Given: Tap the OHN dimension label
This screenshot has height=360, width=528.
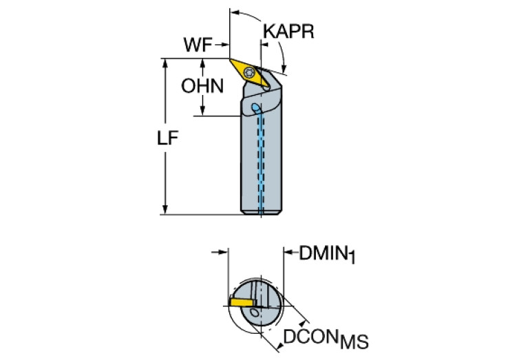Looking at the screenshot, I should click(x=202, y=87).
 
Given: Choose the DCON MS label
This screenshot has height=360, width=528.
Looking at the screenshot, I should click(x=326, y=339).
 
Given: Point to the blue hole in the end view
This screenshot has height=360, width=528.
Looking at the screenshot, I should click(x=256, y=313).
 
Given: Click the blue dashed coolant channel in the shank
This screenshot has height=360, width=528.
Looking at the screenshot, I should click(x=261, y=165).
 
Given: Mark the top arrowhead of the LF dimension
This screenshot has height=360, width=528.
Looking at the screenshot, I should click(x=165, y=63).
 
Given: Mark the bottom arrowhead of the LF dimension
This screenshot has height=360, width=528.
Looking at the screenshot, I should click(x=165, y=210).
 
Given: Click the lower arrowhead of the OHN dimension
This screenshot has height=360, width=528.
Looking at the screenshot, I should click(x=203, y=112).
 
